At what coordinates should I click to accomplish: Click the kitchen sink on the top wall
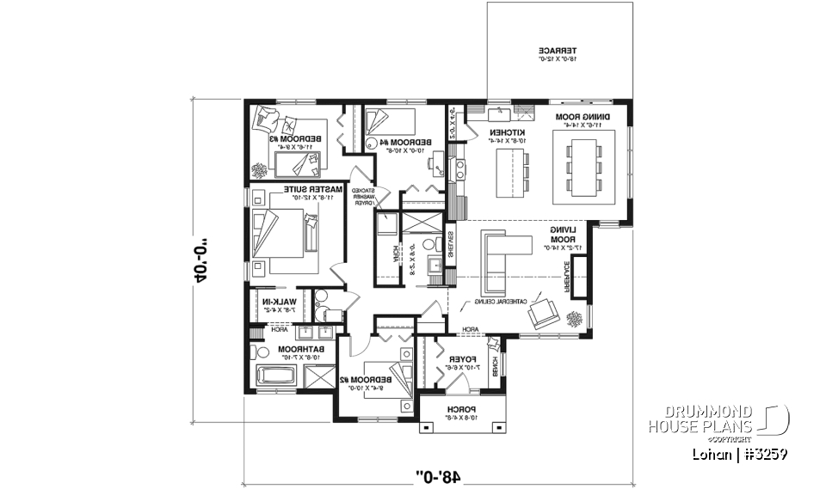pyautogui.click(x=497, y=113)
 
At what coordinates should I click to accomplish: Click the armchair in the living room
pyautogui.click(x=544, y=314)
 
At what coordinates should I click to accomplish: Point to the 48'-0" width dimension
pyautogui.click(x=439, y=472)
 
